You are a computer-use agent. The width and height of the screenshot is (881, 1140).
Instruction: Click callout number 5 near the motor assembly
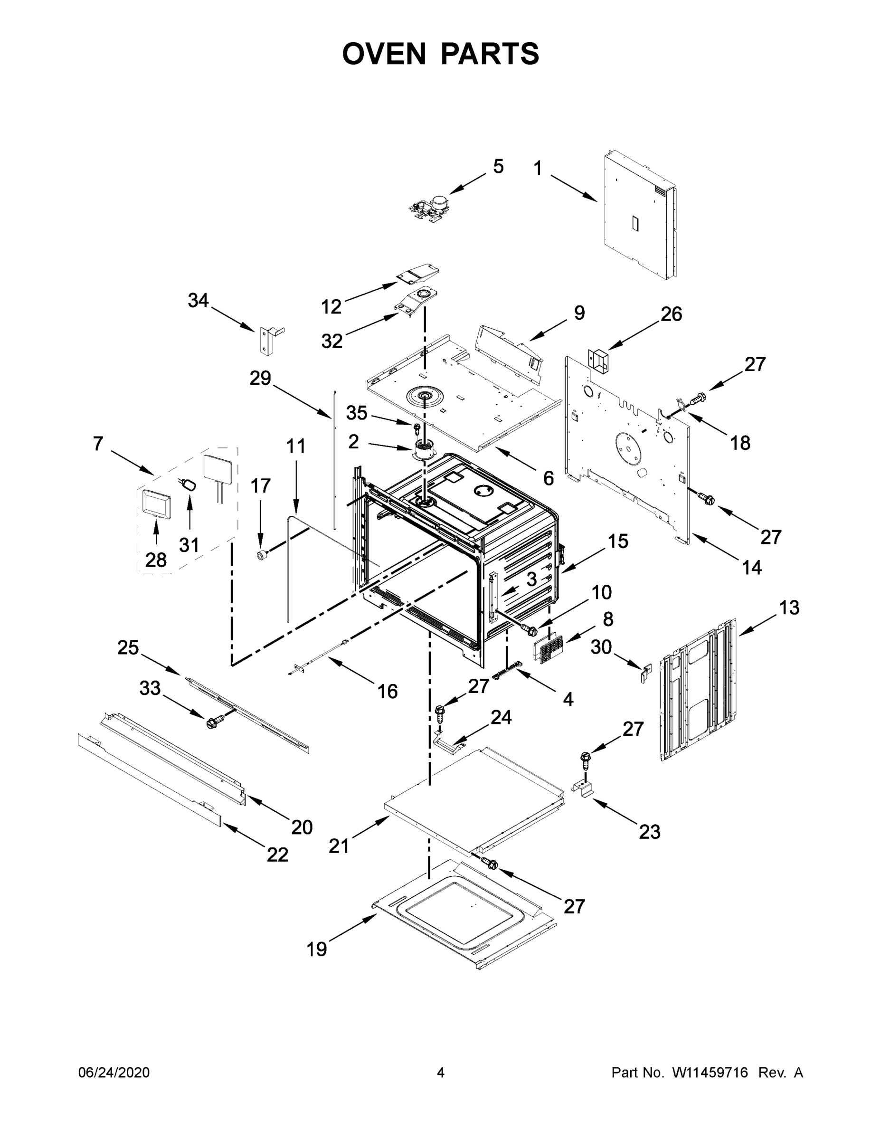498,167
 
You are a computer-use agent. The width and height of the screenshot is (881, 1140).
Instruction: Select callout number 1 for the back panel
538,168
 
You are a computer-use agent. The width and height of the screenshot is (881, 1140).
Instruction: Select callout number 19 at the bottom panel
316,949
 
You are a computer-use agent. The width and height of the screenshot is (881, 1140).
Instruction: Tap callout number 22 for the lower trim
277,855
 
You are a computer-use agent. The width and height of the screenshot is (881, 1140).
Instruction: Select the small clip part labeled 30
647,673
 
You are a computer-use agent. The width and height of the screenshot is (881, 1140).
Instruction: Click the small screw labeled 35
417,428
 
